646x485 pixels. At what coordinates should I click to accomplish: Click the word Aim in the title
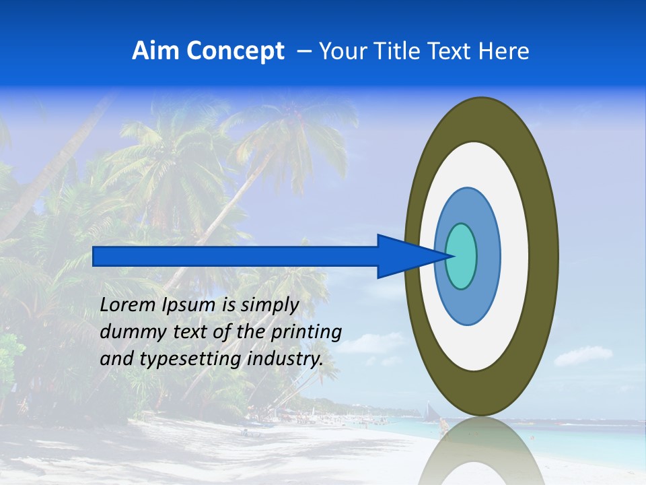(156, 51)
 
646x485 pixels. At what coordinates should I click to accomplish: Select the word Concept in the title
(235, 51)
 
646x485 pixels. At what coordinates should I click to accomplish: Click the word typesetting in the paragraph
(180, 360)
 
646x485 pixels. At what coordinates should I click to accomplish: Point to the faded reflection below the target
(482, 451)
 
